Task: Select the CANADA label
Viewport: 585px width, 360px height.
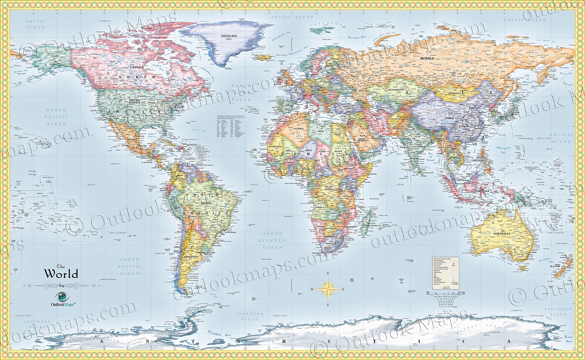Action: [136, 67]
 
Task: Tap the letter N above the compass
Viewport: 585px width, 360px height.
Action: [328, 274]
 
